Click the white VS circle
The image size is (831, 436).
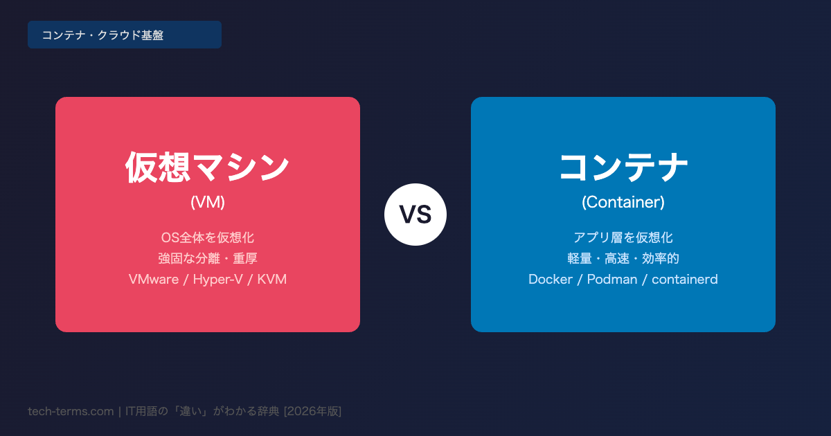415,215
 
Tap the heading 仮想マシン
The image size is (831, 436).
207,167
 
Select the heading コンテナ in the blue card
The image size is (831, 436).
623,167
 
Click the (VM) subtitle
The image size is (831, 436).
207,202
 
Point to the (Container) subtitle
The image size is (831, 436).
623,202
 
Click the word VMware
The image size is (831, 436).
154,279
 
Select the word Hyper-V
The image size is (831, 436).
217,279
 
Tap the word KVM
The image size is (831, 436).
272,279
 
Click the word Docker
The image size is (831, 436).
550,279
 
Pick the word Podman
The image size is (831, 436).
611,279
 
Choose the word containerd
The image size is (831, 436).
684,279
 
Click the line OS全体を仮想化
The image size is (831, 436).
207,237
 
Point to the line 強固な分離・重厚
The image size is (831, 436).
207,258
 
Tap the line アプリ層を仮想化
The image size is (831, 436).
623,237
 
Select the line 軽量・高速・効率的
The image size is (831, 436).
623,258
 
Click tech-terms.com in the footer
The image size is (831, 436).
71,411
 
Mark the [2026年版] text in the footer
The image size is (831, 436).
312,411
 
